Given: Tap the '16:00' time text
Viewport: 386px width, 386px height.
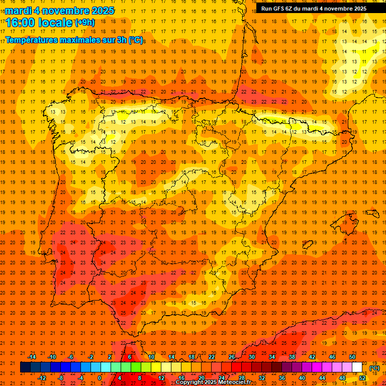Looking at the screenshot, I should click(22, 22).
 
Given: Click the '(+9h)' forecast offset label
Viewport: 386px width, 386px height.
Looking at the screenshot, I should click(84, 22).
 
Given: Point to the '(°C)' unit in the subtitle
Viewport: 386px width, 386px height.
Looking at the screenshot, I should click(136, 40).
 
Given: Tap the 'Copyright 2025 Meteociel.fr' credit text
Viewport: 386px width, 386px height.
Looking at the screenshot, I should click(213, 382).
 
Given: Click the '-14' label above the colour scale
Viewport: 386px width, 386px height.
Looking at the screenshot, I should click(32, 357).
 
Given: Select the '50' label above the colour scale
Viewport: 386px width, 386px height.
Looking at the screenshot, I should click(352, 357).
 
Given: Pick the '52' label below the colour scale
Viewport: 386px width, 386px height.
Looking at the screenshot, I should click(362, 378).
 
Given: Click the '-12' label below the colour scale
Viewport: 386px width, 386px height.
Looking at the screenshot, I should click(42, 378).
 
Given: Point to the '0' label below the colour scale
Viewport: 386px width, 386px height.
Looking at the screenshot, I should click(100, 378).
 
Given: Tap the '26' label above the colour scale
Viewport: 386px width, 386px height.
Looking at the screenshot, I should click(232, 357).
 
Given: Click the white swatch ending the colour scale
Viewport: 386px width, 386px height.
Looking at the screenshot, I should click(357, 367).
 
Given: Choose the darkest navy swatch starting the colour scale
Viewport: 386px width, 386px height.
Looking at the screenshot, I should click(25, 367).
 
